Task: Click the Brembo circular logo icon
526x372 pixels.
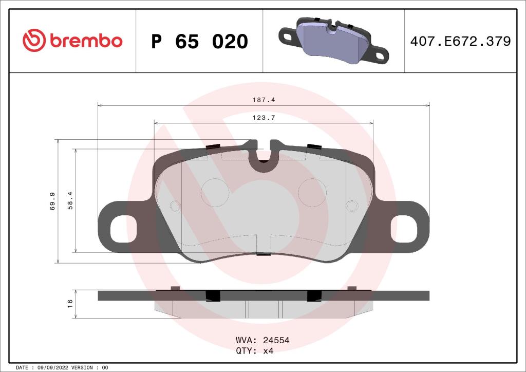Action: pyautogui.click(x=34, y=41)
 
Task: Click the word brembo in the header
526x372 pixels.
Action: pyautogui.click(x=86, y=41)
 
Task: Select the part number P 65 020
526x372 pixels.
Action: pyautogui.click(x=199, y=42)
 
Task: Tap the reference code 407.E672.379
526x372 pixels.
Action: pyautogui.click(x=460, y=42)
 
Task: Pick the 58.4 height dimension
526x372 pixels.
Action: pyautogui.click(x=71, y=201)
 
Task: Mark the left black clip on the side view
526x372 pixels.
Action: pyautogui.click(x=212, y=295)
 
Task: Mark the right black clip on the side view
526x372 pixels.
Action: pyautogui.click(x=313, y=295)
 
